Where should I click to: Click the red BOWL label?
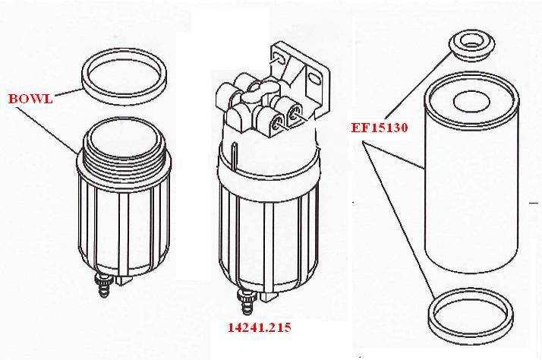(30, 99)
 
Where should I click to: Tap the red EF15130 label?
(380, 128)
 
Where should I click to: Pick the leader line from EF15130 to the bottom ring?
(402, 220)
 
